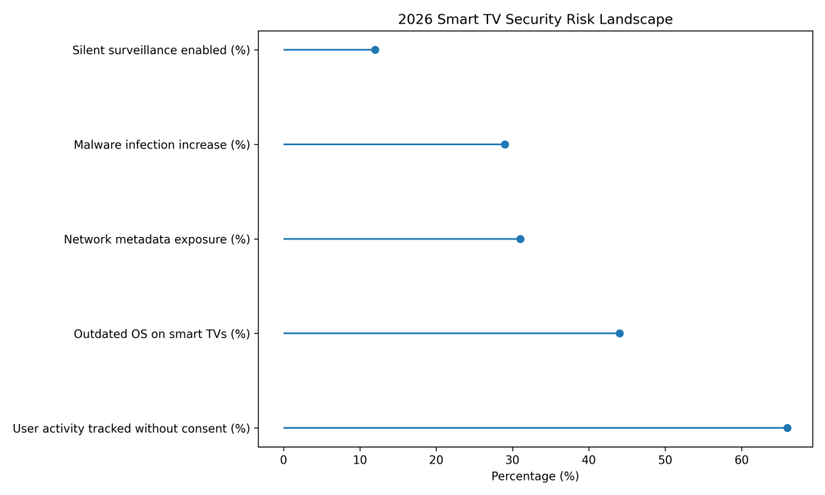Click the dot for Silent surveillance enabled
pos(375,50)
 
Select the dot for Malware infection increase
pos(504,144)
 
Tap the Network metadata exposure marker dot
pos(520,239)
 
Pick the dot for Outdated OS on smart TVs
pos(619,333)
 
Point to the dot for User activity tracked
pos(787,428)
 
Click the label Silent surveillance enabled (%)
pos(161,50)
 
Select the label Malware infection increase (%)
pos(161,145)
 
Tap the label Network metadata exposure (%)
pos(156,239)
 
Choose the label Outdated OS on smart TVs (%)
pos(161,334)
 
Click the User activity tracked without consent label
pos(131,428)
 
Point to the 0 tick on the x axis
pos(284,460)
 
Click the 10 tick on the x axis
pos(359,460)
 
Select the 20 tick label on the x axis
pos(436,460)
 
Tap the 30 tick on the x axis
pos(512,460)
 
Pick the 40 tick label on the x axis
pos(589,460)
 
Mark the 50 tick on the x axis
pos(665,460)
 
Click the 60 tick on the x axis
pos(741,460)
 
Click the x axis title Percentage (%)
pos(535,476)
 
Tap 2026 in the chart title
pos(414,20)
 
